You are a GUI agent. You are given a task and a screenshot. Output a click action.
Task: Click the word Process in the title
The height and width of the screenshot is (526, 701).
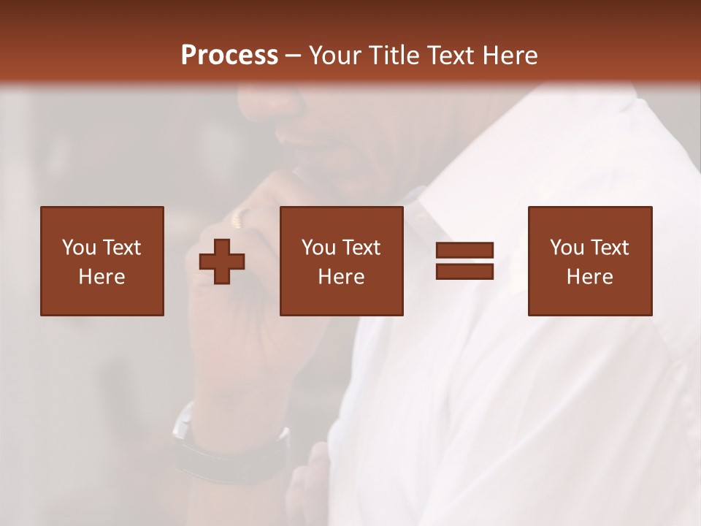(229, 56)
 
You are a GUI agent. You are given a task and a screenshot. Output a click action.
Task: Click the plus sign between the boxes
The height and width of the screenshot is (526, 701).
(222, 262)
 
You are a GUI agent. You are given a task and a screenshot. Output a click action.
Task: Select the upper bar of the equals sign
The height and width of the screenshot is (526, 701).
(464, 251)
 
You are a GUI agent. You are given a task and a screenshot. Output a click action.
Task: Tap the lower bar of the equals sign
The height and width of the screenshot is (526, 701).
(464, 271)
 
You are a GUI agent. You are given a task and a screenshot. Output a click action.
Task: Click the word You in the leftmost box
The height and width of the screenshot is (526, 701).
(79, 248)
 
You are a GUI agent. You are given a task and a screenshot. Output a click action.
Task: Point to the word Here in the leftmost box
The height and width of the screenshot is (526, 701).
(102, 277)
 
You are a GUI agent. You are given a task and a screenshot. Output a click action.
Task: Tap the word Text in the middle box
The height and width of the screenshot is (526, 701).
(361, 248)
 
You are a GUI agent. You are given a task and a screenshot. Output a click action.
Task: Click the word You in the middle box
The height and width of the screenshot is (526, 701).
(318, 248)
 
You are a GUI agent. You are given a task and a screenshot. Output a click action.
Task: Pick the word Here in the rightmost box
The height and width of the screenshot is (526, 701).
(590, 277)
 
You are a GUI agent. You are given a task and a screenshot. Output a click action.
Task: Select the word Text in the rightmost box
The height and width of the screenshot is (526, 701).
(610, 248)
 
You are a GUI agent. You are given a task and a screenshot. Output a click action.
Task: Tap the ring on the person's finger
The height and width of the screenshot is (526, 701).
(242, 216)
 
